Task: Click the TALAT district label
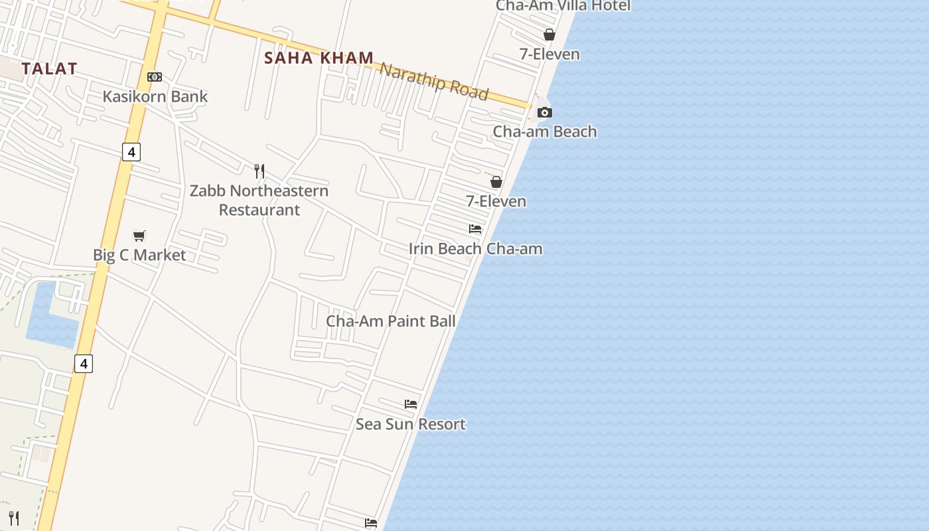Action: [x=49, y=68]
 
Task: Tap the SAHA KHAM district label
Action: [x=319, y=58]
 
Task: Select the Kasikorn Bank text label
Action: [x=155, y=96]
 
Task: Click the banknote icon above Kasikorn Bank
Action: [x=155, y=77]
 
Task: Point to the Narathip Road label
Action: [x=434, y=82]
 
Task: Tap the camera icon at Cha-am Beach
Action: [x=544, y=112]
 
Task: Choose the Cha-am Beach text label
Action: [x=544, y=131]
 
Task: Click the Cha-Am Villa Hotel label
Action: [x=563, y=6]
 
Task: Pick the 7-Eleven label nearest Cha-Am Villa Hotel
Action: [x=549, y=54]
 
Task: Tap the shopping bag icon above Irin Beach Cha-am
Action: [x=496, y=181]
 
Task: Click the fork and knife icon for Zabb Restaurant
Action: [x=259, y=171]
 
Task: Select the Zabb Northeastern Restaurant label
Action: [x=259, y=200]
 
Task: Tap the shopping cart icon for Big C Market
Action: [x=139, y=236]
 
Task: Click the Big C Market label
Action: [x=139, y=255]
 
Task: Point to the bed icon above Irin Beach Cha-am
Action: [x=475, y=229]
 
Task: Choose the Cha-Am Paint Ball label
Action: [x=390, y=321]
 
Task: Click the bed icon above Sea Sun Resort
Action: [x=411, y=404]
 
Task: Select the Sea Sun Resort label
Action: [x=411, y=424]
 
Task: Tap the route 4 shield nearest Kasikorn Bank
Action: [x=131, y=152]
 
